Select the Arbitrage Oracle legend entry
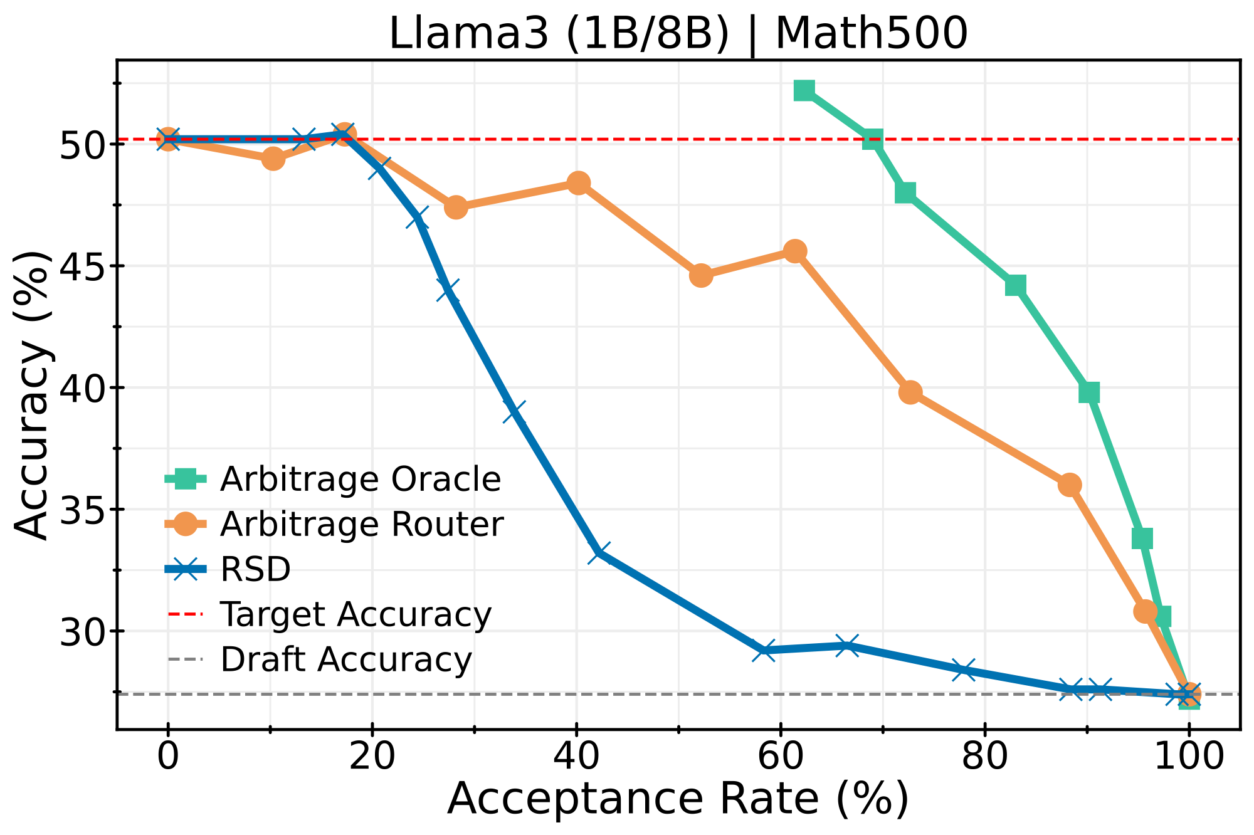360,480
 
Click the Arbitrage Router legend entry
361,524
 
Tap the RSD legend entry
255,569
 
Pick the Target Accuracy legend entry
356,614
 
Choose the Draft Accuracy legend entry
345,659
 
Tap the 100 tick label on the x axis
1188,757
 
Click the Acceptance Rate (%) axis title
678,799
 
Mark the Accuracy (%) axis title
31,395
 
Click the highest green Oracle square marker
804,90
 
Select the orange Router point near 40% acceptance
578,183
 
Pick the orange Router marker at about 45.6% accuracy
795,251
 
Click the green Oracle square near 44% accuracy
1015,286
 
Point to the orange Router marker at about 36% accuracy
1070,485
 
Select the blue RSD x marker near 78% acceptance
964,670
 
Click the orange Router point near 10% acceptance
273,159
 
